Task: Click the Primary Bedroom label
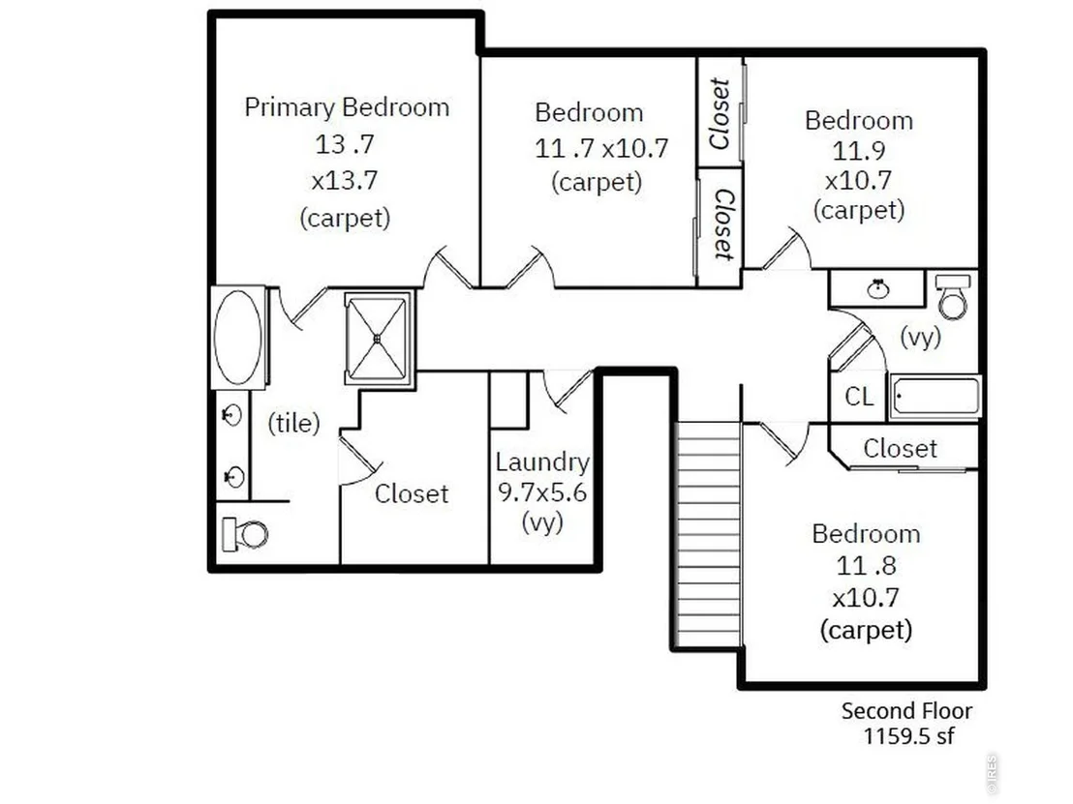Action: pos(347,107)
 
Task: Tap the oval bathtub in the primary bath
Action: pos(237,337)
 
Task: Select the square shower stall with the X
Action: pos(377,339)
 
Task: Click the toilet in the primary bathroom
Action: pos(244,534)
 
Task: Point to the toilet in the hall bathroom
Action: pos(953,297)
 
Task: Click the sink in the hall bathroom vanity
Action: pos(878,289)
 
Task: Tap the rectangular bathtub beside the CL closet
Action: pos(935,396)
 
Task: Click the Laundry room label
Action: pos(542,462)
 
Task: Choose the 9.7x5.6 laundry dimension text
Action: pos(542,492)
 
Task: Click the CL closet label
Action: pos(860,397)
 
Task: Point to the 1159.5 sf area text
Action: pos(908,736)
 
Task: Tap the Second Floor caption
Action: pos(906,711)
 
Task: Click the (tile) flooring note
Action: pos(293,423)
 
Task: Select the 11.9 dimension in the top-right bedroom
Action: pos(859,150)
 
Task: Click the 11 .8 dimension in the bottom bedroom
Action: pos(866,565)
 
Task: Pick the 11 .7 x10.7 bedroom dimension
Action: pos(600,148)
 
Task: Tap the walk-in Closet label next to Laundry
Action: pos(412,493)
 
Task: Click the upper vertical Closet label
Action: pos(720,113)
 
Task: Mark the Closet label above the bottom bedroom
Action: pos(900,449)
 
